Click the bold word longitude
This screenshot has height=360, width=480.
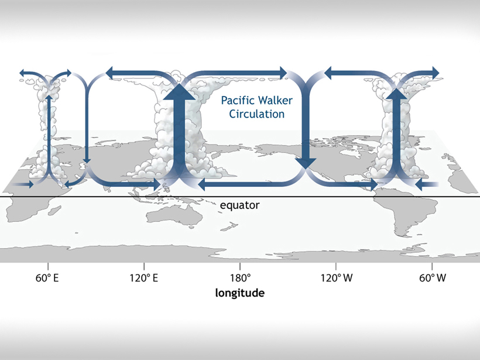point(240,293)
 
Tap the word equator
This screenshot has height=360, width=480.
point(239,205)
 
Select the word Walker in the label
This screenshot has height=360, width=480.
point(270,100)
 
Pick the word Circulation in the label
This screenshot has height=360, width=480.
point(253,114)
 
